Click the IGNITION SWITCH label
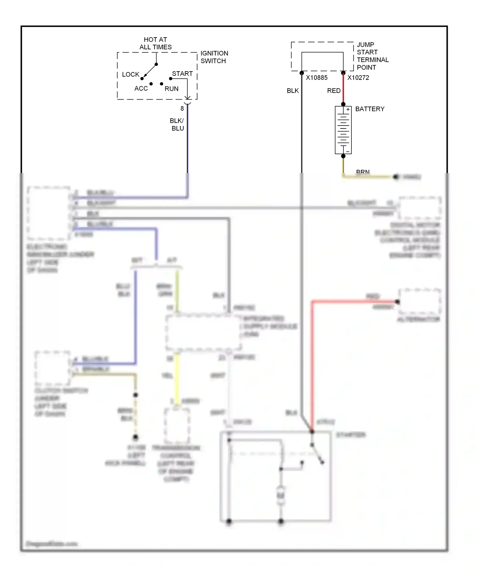(x=214, y=57)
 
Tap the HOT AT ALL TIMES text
(x=156, y=43)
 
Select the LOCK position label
(x=130, y=74)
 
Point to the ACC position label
(x=141, y=88)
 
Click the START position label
(x=182, y=74)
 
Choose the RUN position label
(x=171, y=89)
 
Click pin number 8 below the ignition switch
(x=182, y=108)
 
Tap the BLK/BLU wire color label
(x=177, y=124)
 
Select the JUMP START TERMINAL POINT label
(x=372, y=56)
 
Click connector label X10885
(x=316, y=78)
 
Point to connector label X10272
(x=358, y=78)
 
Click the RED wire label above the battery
(x=334, y=91)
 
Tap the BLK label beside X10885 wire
(x=293, y=91)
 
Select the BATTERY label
(x=370, y=109)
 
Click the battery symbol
(x=343, y=130)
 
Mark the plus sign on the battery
(x=348, y=109)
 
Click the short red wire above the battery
(x=343, y=89)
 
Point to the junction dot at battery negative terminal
(x=343, y=156)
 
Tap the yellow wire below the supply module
(x=177, y=379)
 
